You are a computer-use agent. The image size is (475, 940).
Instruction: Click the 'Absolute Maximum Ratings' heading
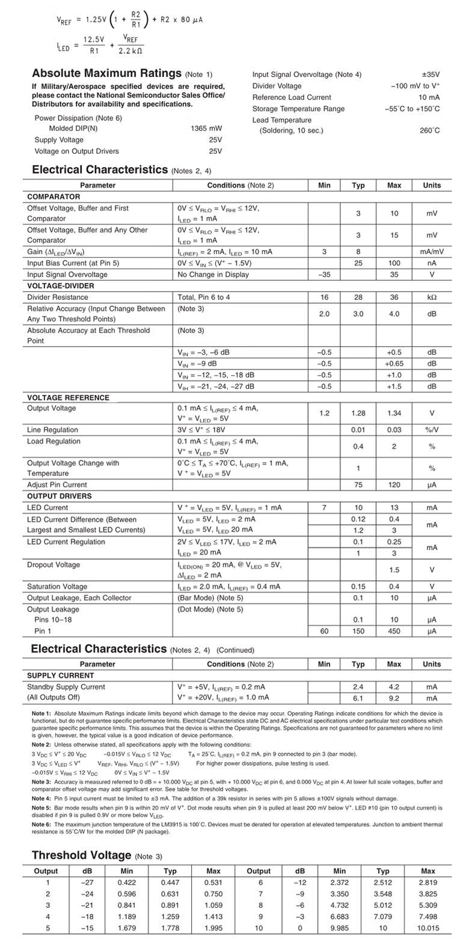(106, 73)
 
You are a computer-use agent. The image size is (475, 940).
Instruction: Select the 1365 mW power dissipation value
(206, 129)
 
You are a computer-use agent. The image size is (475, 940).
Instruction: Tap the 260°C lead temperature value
(429, 130)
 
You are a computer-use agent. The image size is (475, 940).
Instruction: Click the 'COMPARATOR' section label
(54, 197)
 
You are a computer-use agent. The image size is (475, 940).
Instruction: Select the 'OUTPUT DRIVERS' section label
(60, 496)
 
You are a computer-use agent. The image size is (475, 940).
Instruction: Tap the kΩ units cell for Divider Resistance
(431, 298)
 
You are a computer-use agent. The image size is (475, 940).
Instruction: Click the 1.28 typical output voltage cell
(358, 414)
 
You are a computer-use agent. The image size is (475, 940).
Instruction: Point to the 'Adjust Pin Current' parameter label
(57, 484)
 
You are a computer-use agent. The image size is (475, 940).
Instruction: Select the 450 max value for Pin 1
(394, 631)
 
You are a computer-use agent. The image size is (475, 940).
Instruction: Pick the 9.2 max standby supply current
(394, 698)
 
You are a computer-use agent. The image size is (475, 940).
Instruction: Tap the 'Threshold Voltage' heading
(81, 855)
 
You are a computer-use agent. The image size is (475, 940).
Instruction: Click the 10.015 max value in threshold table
(427, 928)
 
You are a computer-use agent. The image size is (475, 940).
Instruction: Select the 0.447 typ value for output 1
(170, 882)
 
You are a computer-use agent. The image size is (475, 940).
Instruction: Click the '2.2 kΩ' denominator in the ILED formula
(130, 51)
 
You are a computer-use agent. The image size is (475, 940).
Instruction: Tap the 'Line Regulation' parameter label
(53, 430)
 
